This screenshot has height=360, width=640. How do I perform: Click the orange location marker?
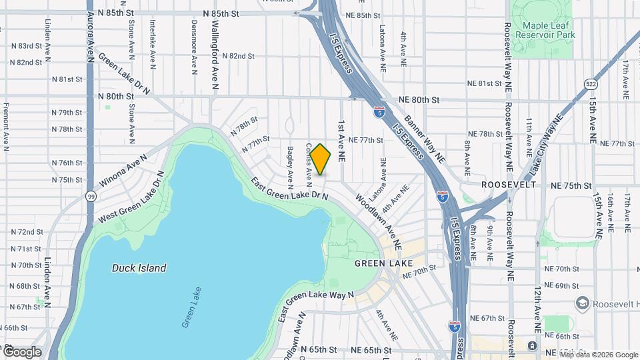click(321, 159)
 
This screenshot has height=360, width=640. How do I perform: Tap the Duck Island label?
click(139, 268)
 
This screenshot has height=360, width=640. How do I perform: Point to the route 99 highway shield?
click(90, 196)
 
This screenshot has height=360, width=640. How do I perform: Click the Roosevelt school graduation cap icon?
click(582, 303)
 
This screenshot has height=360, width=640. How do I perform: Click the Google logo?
click(21, 351)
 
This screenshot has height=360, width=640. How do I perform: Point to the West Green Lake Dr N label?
click(131, 199)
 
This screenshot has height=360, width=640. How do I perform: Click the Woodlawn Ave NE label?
click(377, 221)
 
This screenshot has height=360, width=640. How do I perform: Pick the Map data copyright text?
click(598, 355)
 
